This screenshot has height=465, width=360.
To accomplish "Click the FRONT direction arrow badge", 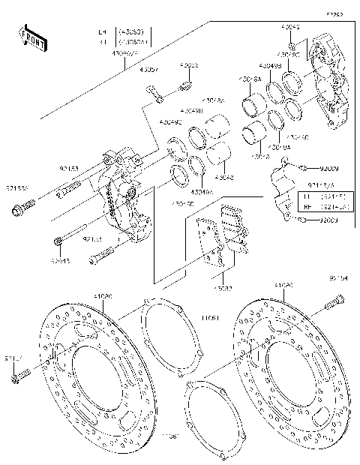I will pyautogui.click(x=29, y=37).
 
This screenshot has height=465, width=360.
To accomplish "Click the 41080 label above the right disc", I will pyautogui.click(x=283, y=286).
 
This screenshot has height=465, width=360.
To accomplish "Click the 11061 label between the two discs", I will pyautogui.click(x=209, y=318).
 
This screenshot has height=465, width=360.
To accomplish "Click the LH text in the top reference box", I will pyautogui.click(x=103, y=32).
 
